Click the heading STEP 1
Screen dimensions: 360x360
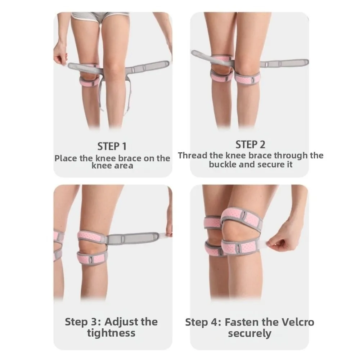[x=112, y=146]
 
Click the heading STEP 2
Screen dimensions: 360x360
[x=250, y=145]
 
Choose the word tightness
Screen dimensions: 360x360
[x=111, y=333]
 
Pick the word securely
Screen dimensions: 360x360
[x=249, y=333]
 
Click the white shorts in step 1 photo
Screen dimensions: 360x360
[x=100, y=16]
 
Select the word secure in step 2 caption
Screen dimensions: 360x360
[x=270, y=165]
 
